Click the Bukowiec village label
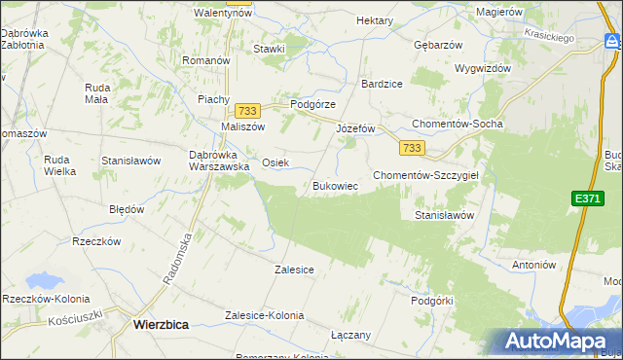[336, 185]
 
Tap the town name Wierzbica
[161, 327]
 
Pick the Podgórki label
[433, 301]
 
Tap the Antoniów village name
[533, 264]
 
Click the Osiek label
[275, 162]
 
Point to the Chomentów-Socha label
[457, 125]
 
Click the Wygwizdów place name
[483, 69]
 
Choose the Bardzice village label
[382, 84]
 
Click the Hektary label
[375, 20]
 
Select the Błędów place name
[127, 209]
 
